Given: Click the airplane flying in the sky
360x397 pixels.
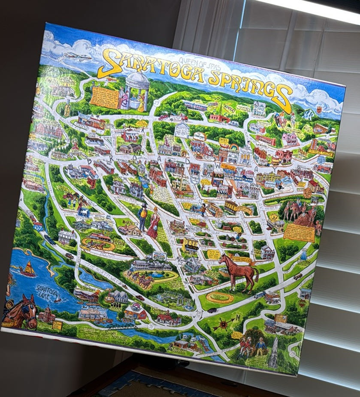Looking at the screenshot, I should (78, 56).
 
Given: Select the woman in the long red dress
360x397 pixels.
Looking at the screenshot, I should (153, 223).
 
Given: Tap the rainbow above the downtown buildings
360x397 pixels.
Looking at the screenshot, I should (234, 147).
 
